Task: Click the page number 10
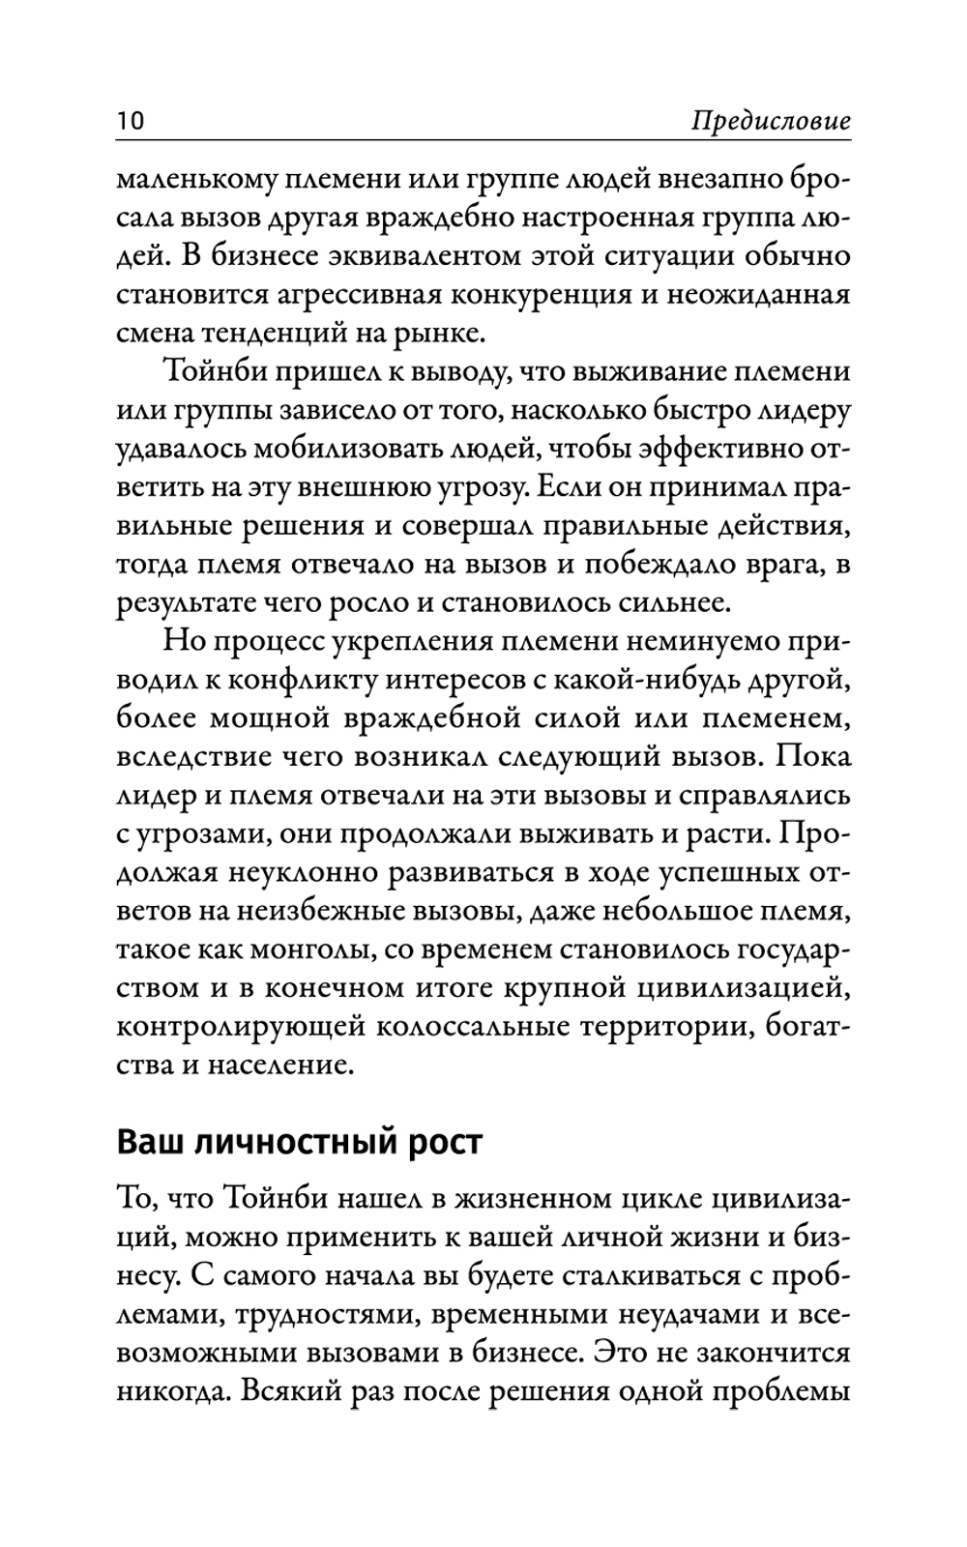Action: [x=130, y=122]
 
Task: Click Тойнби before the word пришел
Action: [x=215, y=371]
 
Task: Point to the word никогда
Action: [x=168, y=1392]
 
